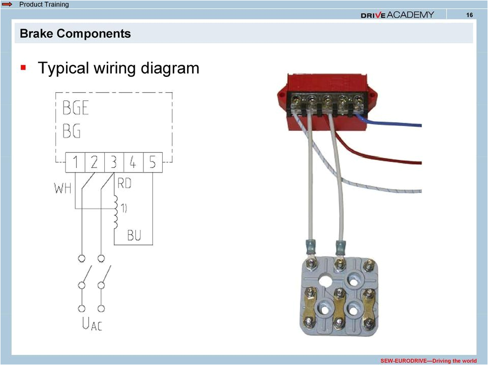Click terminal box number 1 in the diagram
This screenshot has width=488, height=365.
tap(75, 163)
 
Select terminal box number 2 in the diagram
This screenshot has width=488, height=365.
tap(95, 163)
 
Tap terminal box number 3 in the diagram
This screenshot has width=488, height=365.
tap(114, 163)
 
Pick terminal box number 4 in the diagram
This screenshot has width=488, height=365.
tap(133, 163)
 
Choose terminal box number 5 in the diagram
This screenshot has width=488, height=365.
tap(152, 163)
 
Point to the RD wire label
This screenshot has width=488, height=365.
tap(125, 183)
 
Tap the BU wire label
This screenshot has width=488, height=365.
tap(134, 235)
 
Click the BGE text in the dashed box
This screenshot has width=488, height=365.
tap(76, 108)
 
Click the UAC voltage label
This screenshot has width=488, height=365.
tap(91, 324)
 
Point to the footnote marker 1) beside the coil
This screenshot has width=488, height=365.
tap(124, 208)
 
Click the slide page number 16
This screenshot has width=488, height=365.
tap(469, 15)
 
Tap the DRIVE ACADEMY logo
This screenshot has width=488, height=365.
tap(398, 15)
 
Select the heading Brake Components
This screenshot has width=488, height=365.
tap(75, 34)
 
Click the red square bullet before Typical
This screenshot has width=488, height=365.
tap(23, 67)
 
